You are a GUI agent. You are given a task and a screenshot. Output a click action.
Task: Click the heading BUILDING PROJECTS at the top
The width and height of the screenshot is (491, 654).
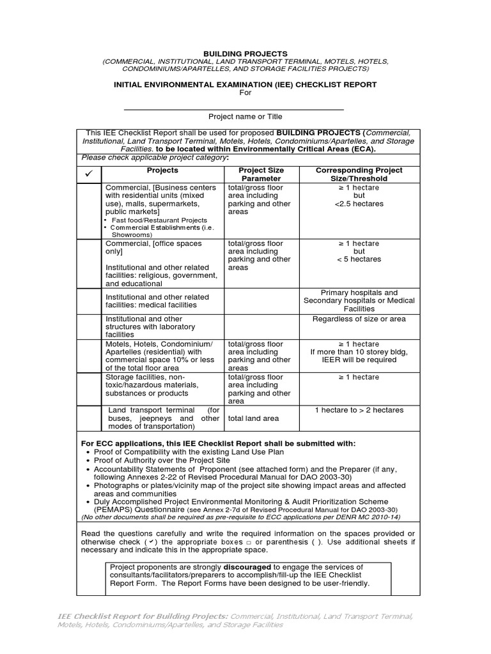click(245, 54)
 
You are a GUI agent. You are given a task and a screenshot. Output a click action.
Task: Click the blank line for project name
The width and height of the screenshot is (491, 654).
click(233, 109)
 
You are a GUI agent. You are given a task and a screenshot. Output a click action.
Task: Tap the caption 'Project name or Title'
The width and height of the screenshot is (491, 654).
click(245, 117)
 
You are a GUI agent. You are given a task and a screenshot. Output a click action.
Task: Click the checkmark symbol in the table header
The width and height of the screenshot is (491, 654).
click(90, 174)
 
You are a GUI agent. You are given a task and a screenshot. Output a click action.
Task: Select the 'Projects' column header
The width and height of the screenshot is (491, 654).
click(162, 171)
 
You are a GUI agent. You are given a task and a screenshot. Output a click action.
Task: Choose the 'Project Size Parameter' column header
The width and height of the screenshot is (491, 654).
click(260, 174)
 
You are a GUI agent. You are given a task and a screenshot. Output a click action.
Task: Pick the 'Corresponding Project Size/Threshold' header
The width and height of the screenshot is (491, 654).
click(359, 174)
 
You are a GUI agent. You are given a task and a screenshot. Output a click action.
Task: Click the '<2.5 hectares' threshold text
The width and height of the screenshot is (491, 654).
click(359, 204)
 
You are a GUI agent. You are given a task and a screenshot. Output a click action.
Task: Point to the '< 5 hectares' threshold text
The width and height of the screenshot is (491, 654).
click(359, 259)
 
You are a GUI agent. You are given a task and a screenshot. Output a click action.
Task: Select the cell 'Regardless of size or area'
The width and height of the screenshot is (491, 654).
click(359, 319)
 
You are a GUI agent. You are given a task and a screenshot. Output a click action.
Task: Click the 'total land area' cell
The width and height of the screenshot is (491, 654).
click(253, 418)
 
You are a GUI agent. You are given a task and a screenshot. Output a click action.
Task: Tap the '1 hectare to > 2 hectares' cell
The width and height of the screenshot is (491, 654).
click(359, 410)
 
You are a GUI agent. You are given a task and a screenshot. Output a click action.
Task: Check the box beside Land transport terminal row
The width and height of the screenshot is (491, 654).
click(90, 418)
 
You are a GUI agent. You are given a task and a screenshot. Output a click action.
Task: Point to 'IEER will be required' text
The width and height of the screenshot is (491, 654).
click(359, 360)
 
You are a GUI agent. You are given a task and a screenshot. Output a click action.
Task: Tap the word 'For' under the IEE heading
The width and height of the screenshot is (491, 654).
click(245, 93)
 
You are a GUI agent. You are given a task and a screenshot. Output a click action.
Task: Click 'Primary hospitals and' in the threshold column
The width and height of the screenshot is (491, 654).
click(359, 293)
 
